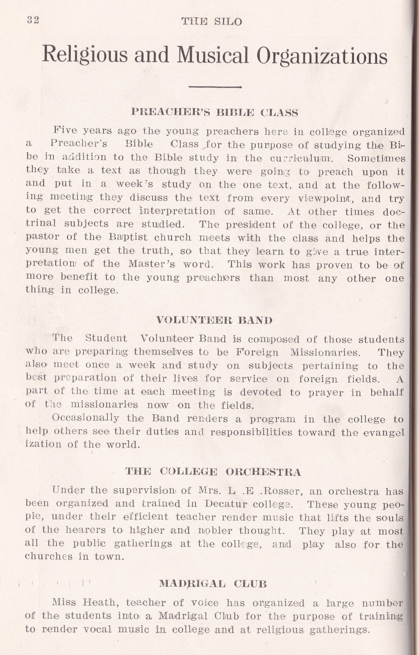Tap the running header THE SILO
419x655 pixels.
pyautogui.click(x=212, y=21)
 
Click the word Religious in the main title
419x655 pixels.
pyautogui.click(x=85, y=55)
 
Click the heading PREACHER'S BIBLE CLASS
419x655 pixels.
pyautogui.click(x=214, y=112)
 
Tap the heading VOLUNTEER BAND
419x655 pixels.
pyautogui.click(x=214, y=320)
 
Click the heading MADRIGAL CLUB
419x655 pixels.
pyautogui.click(x=213, y=583)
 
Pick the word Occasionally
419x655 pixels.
pyautogui.click(x=85, y=418)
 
